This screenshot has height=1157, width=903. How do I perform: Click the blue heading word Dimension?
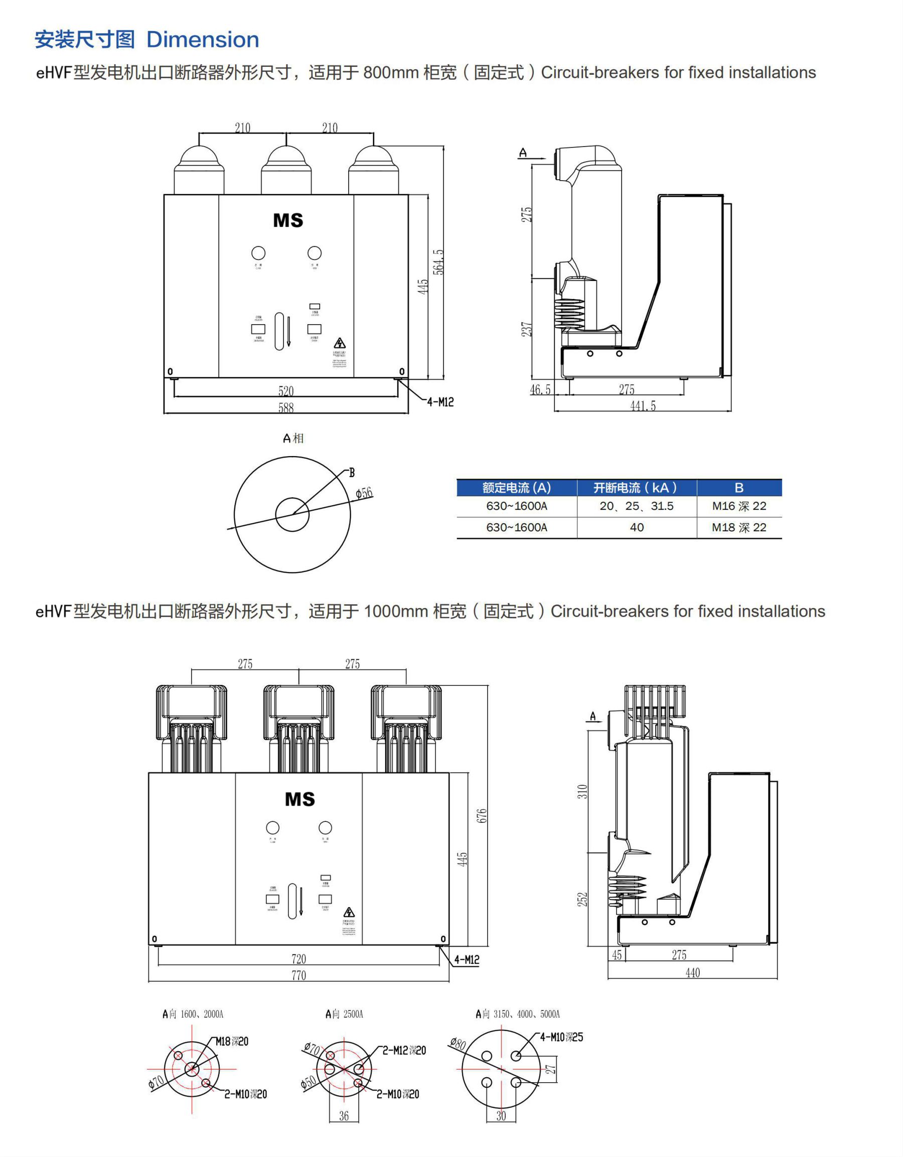(202, 40)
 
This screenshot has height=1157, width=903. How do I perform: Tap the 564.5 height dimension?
(438, 262)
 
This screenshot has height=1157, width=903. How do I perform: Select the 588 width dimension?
(286, 407)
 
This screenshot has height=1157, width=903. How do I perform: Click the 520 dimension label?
(286, 391)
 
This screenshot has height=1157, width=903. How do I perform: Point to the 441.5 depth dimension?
(643, 406)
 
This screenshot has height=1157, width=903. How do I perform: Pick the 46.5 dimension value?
(540, 390)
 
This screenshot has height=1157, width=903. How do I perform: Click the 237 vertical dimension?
(527, 330)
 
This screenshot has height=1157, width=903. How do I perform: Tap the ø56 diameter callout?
(364, 493)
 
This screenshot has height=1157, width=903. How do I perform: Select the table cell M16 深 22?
(739, 506)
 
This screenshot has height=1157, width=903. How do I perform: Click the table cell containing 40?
(637, 528)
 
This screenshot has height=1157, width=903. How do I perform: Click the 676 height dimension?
(482, 816)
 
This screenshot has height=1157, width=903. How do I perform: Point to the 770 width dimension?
(298, 975)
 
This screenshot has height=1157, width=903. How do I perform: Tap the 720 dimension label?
(298, 958)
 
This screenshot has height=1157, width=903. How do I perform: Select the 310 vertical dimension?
(582, 792)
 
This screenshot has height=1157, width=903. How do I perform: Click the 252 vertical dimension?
(582, 899)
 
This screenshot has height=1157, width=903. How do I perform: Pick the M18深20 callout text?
(231, 1042)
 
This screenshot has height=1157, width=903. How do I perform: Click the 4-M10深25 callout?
(561, 1037)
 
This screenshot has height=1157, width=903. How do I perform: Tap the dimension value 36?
(344, 1116)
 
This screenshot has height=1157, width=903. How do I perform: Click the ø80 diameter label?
(458, 1043)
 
